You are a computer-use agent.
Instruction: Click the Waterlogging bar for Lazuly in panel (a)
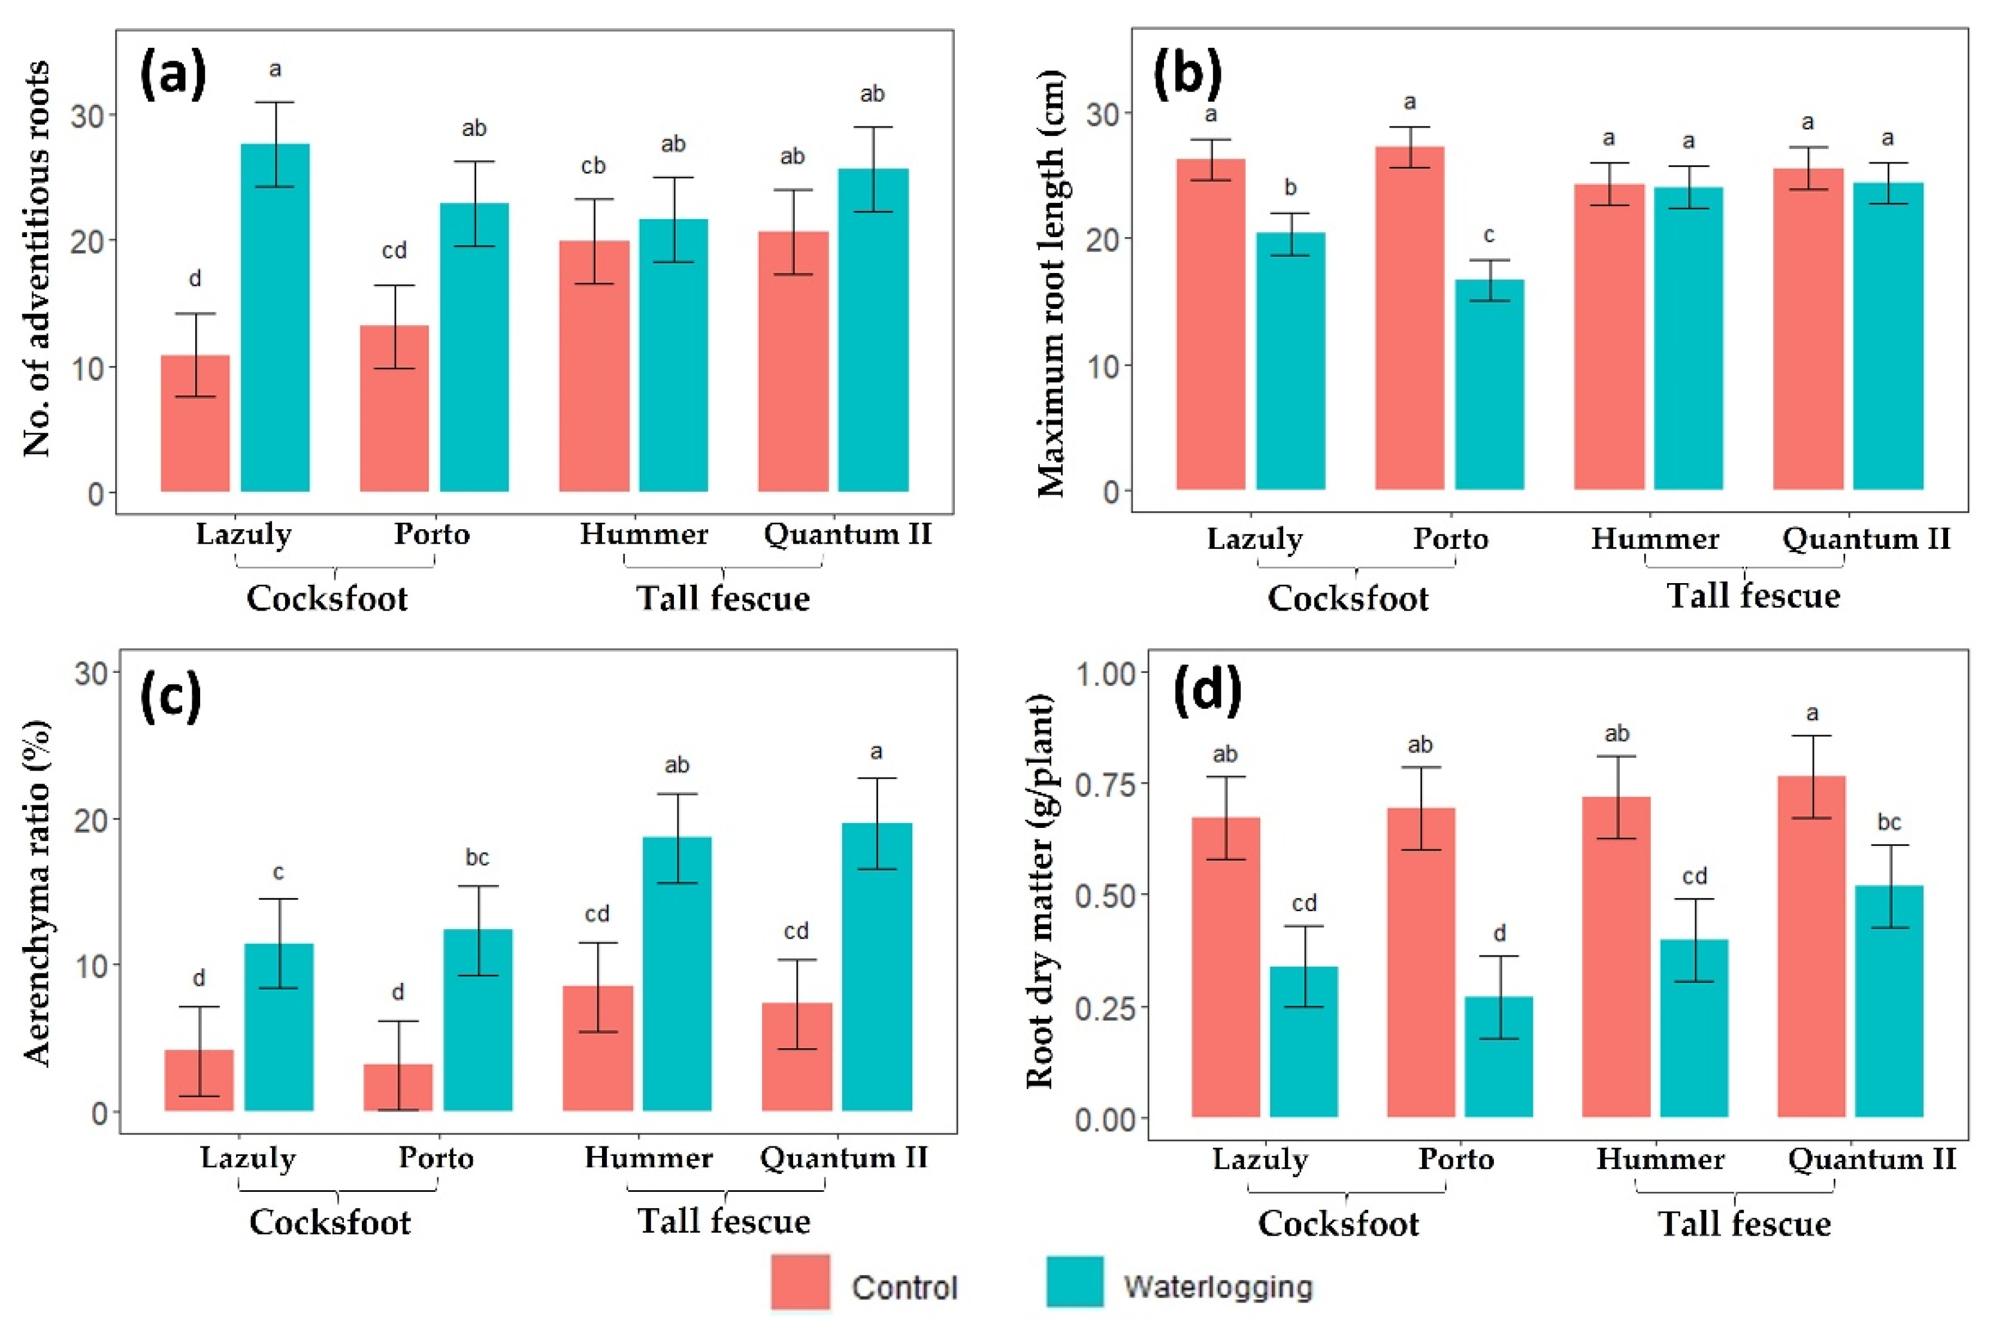point(275,317)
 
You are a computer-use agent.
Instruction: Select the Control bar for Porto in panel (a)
point(394,408)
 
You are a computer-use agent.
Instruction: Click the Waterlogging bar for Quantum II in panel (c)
point(876,967)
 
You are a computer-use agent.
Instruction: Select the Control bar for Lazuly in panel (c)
point(199,1080)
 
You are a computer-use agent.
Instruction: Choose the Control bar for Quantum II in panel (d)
point(1811,946)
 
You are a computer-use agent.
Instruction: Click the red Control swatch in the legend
point(800,1282)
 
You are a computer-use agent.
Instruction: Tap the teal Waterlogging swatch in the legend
point(1075,1282)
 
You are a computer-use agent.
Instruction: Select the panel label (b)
point(1187,76)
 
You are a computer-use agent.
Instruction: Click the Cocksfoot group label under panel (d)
point(1338,1224)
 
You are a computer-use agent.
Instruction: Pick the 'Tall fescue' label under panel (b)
point(1753,596)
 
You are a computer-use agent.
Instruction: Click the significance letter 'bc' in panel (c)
point(477,857)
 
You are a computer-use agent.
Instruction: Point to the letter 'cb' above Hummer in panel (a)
point(593,166)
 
